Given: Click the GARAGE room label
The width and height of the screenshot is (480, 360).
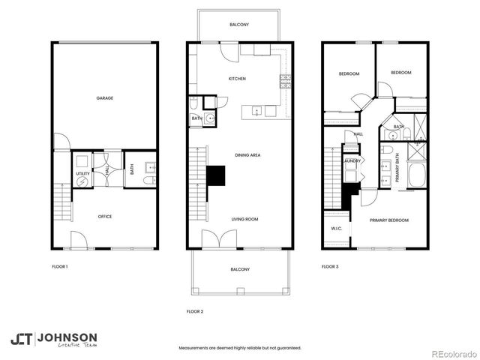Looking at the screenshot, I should [104, 98].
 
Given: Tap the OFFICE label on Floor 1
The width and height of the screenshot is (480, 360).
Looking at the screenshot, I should [105, 217].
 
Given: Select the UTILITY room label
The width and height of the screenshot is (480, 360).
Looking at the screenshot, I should [82, 173].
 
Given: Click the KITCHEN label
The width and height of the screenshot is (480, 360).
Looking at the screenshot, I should [237, 79].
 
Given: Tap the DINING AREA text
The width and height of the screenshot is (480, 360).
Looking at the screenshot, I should [247, 154].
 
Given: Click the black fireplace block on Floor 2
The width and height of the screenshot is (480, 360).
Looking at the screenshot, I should [216, 175].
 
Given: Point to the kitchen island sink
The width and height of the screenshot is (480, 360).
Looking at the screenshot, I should [257, 112].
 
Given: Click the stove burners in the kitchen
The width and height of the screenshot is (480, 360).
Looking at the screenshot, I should [285, 79].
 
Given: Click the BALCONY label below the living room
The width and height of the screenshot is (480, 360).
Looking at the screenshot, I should [240, 269].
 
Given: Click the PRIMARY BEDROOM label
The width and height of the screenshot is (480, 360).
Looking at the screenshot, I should [388, 220].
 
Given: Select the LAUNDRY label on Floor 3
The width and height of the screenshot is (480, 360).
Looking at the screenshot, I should [352, 161].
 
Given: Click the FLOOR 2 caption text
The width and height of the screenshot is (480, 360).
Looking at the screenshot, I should [195, 310].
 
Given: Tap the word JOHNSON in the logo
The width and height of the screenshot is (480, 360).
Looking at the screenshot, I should [67, 337].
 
